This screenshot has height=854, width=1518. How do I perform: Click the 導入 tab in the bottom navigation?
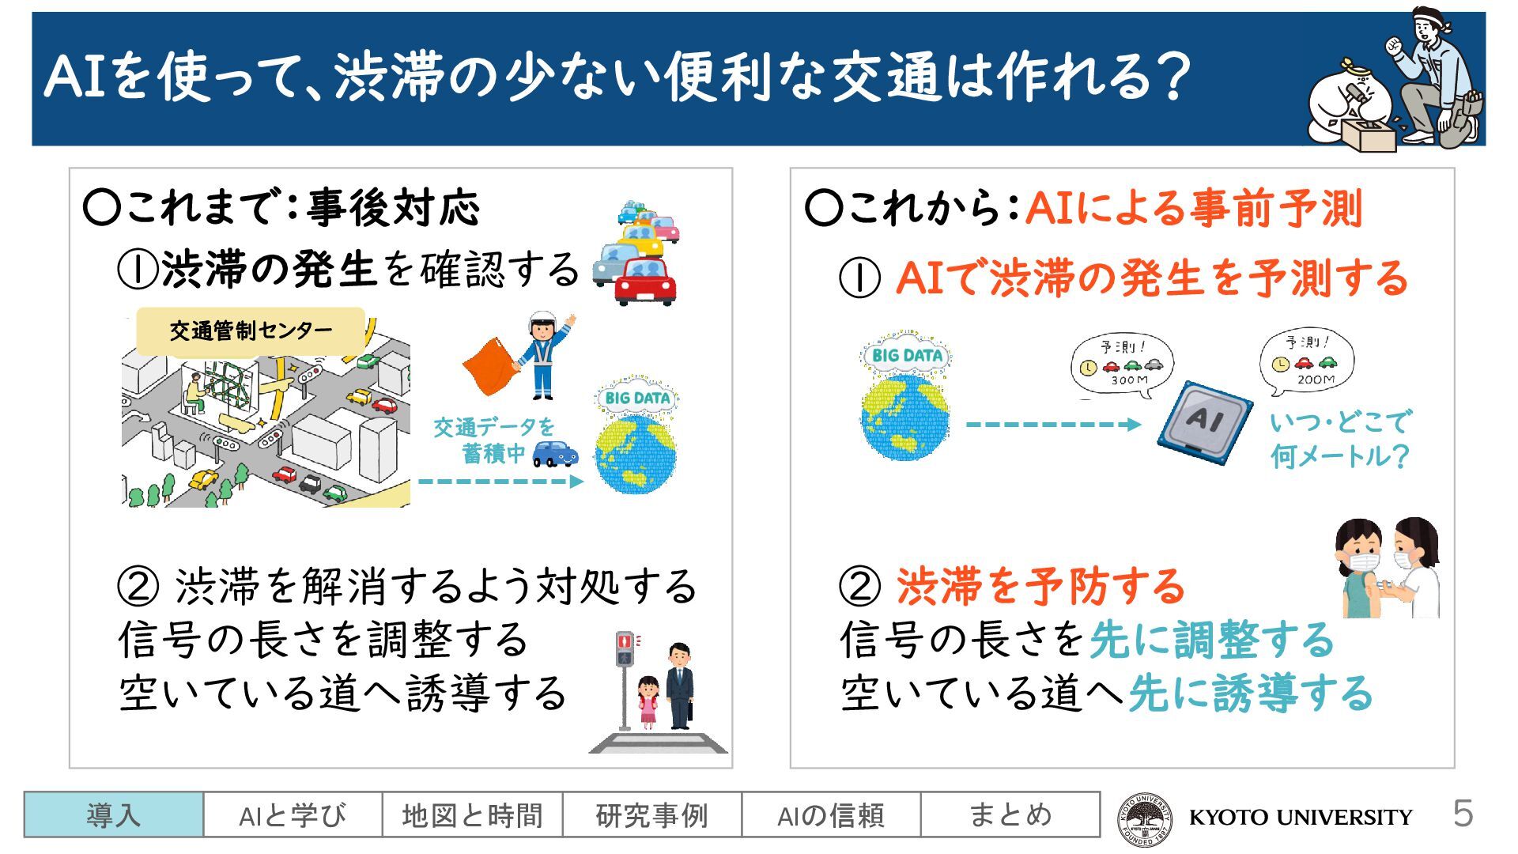(114, 814)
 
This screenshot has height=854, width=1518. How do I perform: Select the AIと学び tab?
(293, 814)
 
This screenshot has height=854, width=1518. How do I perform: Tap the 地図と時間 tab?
(472, 814)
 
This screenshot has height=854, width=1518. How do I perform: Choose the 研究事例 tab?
(651, 814)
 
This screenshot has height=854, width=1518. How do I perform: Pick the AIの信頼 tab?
(831, 814)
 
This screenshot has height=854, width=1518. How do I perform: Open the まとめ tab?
(1010, 814)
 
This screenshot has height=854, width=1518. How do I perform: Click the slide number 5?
(1463, 814)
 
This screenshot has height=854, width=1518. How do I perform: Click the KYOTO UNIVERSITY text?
(1301, 817)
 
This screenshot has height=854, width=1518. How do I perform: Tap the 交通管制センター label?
(251, 331)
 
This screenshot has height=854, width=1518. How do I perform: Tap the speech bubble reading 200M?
(1307, 362)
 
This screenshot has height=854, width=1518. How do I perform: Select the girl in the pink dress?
(648, 701)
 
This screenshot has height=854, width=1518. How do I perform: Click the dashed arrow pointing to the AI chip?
(1053, 425)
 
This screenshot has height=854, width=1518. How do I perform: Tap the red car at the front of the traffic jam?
(646, 281)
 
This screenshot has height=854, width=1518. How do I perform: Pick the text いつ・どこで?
(1339, 421)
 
